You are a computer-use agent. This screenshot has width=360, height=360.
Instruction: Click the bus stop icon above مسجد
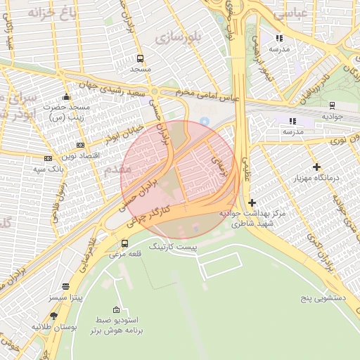coord(141,59)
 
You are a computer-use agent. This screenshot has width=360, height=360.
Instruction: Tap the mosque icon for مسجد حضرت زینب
coord(66,96)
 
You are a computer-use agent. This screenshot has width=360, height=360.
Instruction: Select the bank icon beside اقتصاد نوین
coord(48,158)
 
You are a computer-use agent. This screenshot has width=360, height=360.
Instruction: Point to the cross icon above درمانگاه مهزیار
coord(317,167)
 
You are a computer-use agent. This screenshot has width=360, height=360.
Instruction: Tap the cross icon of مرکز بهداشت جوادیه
coord(252,202)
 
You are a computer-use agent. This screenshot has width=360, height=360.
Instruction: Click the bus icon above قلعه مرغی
coord(125,243)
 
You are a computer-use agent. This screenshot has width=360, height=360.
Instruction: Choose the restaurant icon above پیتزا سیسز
coord(65,286)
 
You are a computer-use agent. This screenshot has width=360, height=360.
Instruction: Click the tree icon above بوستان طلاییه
coord(54,316)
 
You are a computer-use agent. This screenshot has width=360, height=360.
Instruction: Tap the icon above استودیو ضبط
coord(116,310)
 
